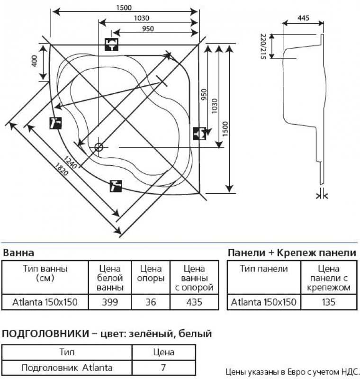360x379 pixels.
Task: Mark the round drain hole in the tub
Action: [x=99, y=147]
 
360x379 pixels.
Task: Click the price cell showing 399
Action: [x=110, y=302]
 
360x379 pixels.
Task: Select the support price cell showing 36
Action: [x=151, y=302]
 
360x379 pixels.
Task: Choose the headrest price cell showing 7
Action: [x=164, y=367]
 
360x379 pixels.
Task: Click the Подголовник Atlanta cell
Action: [x=67, y=367]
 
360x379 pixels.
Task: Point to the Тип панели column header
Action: [x=264, y=269]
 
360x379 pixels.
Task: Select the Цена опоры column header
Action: [x=151, y=274]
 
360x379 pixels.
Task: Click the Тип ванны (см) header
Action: [x=45, y=273]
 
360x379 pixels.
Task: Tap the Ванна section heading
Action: [x=19, y=253]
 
